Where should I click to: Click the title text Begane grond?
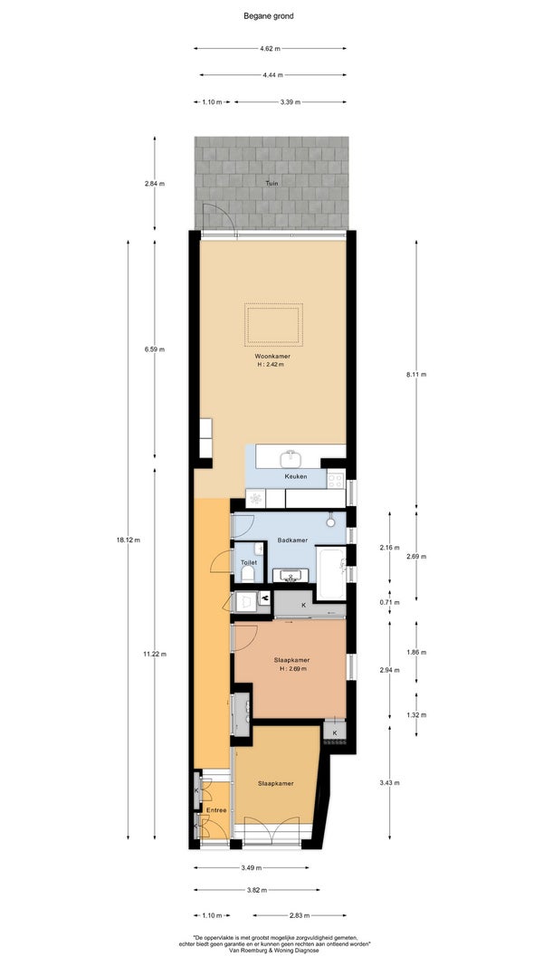[269, 16]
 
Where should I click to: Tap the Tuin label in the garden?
[271, 183]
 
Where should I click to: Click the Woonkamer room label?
[272, 357]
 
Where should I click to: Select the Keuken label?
[296, 477]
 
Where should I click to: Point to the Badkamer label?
[292, 540]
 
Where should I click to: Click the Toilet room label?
[248, 562]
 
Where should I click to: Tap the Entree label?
[216, 809]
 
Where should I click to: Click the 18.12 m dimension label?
[128, 540]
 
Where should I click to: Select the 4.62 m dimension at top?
[270, 48]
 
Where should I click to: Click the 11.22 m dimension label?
[154, 654]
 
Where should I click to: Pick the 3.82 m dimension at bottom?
[257, 890]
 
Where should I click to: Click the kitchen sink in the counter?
[289, 458]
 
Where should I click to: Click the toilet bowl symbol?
[248, 575]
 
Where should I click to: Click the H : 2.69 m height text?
[292, 668]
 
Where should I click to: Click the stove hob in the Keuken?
[335, 479]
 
